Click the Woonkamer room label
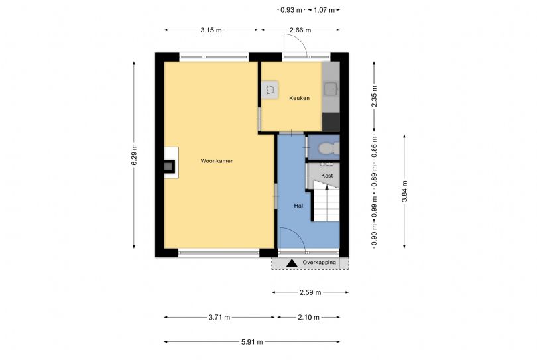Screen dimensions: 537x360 [216, 161]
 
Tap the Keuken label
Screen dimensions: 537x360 [299, 98]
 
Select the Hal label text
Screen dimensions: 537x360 [298, 206]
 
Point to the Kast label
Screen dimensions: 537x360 [327, 176]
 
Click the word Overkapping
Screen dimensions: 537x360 [319, 263]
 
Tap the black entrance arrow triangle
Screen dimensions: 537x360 [292, 263]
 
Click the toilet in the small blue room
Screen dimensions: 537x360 [328, 149]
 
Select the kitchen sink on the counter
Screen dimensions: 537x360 [331, 89]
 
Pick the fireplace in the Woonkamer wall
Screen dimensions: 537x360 [170, 162]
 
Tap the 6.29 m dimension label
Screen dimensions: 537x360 [134, 155]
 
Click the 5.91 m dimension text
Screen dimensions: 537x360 [252, 342]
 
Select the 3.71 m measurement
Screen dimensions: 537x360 [219, 317]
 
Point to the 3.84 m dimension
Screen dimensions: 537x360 [404, 191]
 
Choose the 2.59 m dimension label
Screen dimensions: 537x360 [310, 292]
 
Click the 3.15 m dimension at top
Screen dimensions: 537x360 [211, 30]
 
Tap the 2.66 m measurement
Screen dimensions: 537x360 [300, 30]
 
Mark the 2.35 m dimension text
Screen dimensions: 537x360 [374, 96]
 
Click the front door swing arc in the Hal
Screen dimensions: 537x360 [298, 235]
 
